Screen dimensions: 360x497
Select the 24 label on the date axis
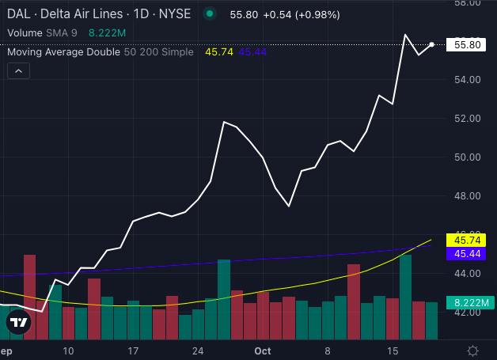pos(198,351)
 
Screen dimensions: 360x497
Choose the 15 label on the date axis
pos(392,351)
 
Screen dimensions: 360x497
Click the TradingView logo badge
pos(19,323)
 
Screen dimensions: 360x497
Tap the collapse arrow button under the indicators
pos(18,71)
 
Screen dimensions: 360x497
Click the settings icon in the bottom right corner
pos(472,351)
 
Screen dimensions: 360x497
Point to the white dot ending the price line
pos(431,44)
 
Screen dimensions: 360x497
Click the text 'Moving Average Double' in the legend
pos(63,52)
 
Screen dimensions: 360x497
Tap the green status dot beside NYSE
pos(209,13)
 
